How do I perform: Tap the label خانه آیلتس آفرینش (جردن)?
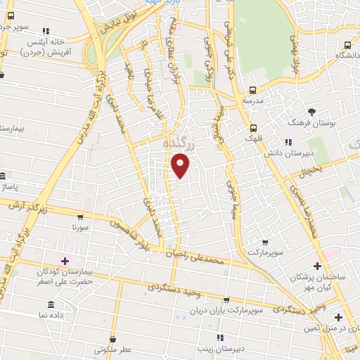pyautogui.click(x=46, y=46)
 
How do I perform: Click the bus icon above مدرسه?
pyautogui.click(x=252, y=90)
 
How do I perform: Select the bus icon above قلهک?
pyautogui.click(x=252, y=127)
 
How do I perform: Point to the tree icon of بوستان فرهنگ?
pyautogui.click(x=312, y=111)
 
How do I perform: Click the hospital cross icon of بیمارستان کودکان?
pyautogui.click(x=65, y=261)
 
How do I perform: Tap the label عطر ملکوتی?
pyautogui.click(x=110, y=349)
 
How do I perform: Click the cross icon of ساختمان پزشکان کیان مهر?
pyautogui.click(x=318, y=266)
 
